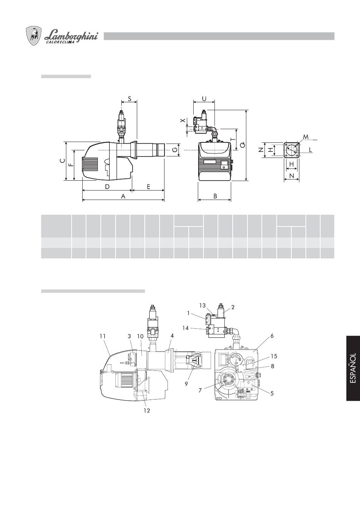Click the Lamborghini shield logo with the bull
click(x=34, y=36)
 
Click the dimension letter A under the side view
click(x=123, y=196)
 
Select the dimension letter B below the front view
click(x=215, y=196)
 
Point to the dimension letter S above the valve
click(x=129, y=98)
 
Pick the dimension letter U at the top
click(x=204, y=98)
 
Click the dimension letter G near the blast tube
click(x=174, y=150)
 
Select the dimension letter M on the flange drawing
click(x=306, y=137)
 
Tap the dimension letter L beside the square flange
click(x=310, y=150)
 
